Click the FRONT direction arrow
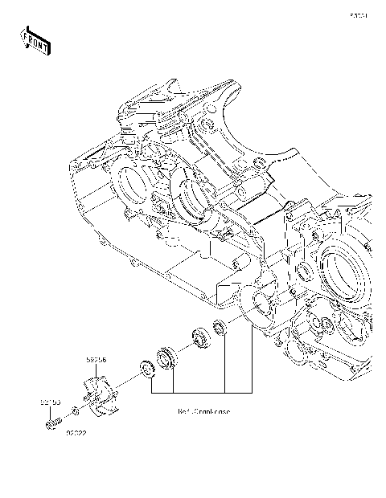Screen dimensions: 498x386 click(35, 40)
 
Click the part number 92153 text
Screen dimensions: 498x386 click(51, 399)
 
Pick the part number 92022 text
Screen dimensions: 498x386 click(77, 432)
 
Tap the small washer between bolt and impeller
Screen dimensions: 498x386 click(75, 411)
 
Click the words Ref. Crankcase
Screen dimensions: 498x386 click(203, 411)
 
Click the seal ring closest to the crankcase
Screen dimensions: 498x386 click(220, 325)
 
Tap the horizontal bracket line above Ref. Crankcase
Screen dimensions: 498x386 click(201, 392)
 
